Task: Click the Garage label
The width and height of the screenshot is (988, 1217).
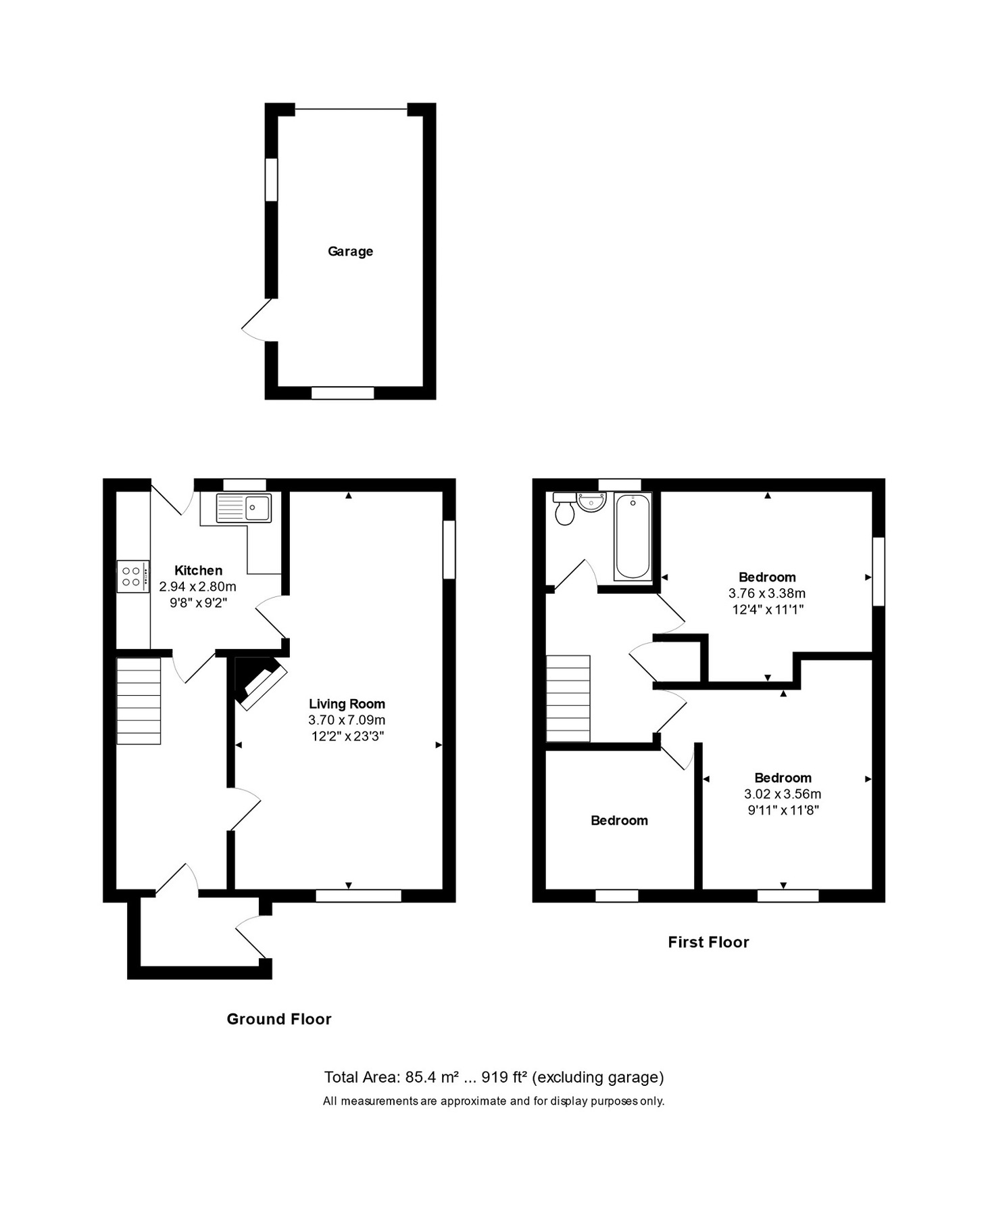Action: [x=350, y=252]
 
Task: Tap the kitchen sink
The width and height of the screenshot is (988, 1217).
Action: [x=243, y=508]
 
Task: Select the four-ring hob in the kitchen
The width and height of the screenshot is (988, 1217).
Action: [x=132, y=576]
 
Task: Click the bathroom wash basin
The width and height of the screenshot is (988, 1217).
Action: [x=591, y=502]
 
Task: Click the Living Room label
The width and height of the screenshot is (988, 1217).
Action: [x=347, y=704]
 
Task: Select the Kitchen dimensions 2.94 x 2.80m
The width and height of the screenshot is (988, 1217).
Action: [x=197, y=586]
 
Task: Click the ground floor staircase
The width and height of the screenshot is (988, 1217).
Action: [x=139, y=700]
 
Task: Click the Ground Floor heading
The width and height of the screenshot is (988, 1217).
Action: [x=278, y=1019]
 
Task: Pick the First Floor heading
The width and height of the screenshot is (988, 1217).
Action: [x=708, y=942]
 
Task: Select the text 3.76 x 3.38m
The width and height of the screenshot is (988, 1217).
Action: [x=766, y=593]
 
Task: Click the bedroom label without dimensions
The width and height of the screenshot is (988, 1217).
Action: [x=619, y=820]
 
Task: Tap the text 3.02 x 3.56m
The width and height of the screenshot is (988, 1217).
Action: [x=783, y=794]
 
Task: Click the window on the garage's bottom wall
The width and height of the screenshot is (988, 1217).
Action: [x=343, y=393]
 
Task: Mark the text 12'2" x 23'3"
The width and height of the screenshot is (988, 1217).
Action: [x=347, y=736]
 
